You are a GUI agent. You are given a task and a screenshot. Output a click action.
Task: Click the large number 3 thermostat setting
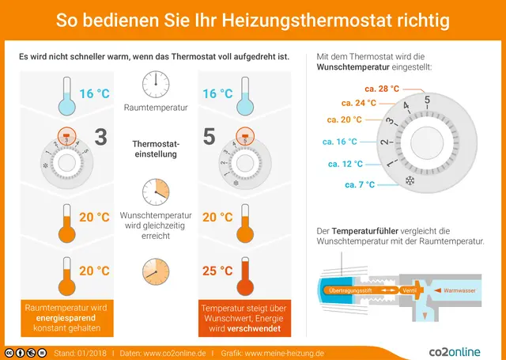(100, 137)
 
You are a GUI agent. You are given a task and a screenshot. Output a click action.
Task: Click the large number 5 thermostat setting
(209, 137)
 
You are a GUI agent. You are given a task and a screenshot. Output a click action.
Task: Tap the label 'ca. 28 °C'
(382, 89)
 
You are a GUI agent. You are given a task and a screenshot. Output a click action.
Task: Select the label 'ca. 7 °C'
(360, 184)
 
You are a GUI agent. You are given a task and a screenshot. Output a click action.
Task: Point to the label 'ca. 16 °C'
(340, 142)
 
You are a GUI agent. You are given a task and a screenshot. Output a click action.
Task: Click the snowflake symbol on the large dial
(410, 181)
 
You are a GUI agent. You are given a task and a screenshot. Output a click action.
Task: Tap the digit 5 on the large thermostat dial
(427, 100)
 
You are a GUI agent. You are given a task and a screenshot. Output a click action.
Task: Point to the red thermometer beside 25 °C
(244, 274)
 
